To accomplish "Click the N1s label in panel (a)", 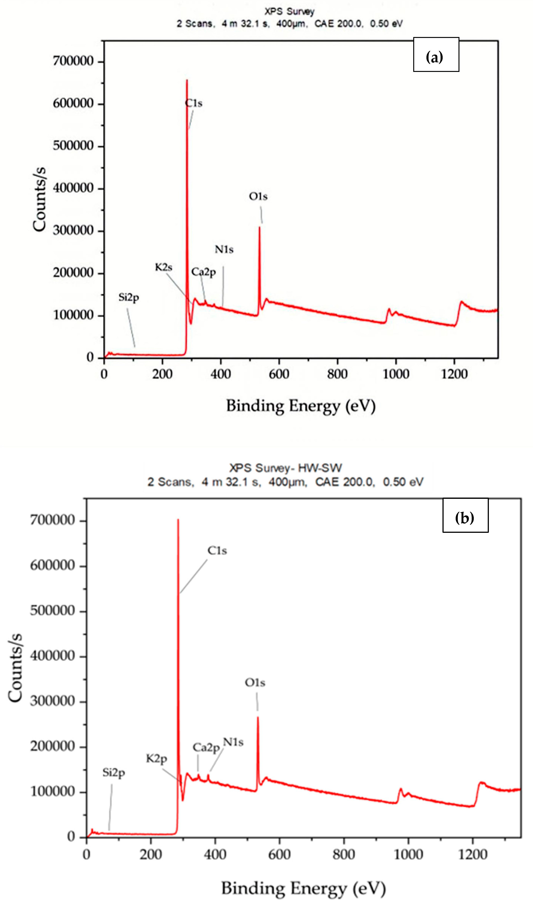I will (224, 250).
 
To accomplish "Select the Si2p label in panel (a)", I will (129, 297).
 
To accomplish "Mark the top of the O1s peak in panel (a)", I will (259, 227).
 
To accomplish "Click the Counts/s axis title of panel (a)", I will (39, 199).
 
